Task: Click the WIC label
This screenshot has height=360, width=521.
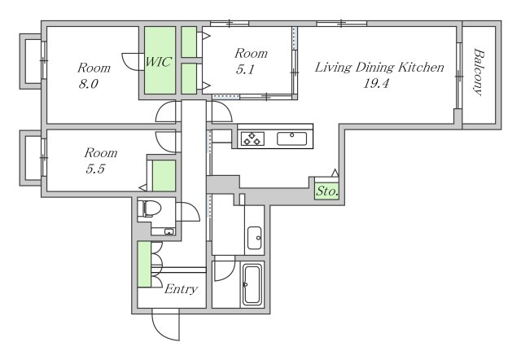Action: click(x=159, y=62)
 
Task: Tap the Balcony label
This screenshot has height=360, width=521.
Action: click(x=478, y=72)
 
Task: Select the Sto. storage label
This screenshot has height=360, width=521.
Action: click(x=327, y=191)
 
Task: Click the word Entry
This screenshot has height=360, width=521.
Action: click(x=181, y=289)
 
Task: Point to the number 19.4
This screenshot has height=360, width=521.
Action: click(x=376, y=83)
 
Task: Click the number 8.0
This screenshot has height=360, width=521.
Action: click(x=89, y=84)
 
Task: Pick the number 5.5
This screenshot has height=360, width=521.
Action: click(x=95, y=169)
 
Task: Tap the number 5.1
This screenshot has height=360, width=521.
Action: click(x=245, y=69)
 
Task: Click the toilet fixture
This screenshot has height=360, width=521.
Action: click(x=150, y=209)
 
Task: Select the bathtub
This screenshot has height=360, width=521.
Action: click(x=252, y=284)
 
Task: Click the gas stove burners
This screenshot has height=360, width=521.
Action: click(x=252, y=138)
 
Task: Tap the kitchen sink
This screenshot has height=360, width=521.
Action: click(x=292, y=138)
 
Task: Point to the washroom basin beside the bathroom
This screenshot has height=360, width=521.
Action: click(x=255, y=238)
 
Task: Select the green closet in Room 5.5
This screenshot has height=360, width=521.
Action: click(x=164, y=175)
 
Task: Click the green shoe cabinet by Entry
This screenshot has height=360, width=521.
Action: click(x=144, y=264)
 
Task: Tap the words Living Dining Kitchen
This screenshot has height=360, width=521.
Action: click(x=379, y=68)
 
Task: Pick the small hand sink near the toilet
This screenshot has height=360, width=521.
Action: click(x=169, y=231)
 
